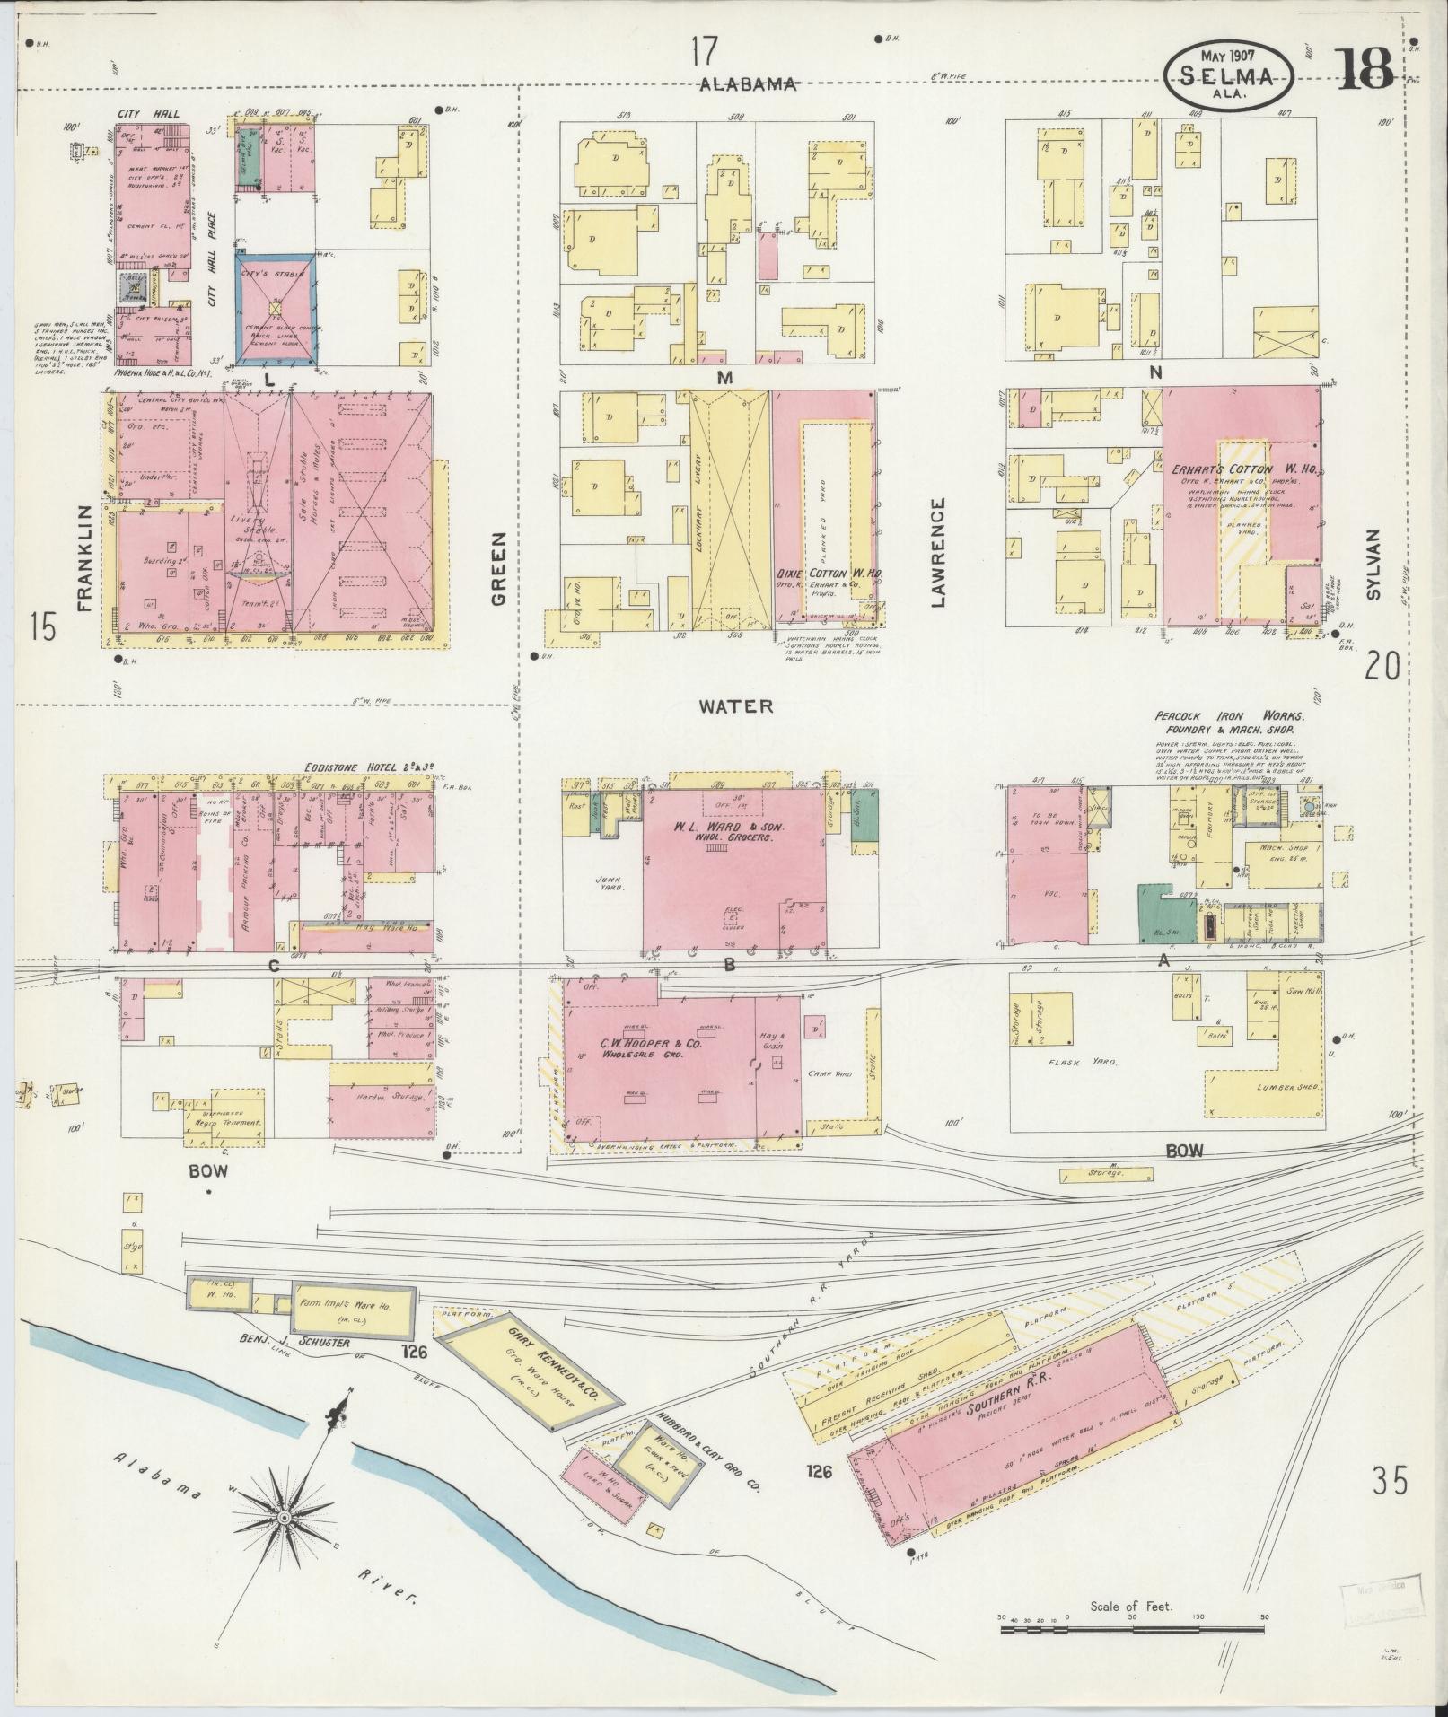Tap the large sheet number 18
point(1364,68)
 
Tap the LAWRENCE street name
point(939,553)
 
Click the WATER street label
point(735,706)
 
